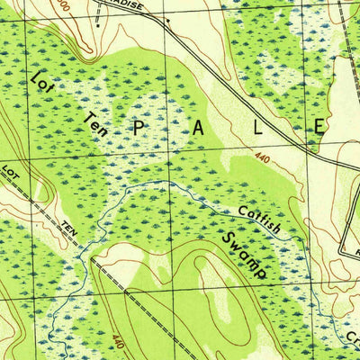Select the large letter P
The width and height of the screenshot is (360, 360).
pyautogui.click(x=139, y=128)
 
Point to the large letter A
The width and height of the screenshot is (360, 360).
pyautogui.click(x=198, y=129)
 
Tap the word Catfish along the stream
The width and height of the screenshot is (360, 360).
pyautogui.click(x=260, y=221)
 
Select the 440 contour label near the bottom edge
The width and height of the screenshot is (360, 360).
pyautogui.click(x=119, y=342)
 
